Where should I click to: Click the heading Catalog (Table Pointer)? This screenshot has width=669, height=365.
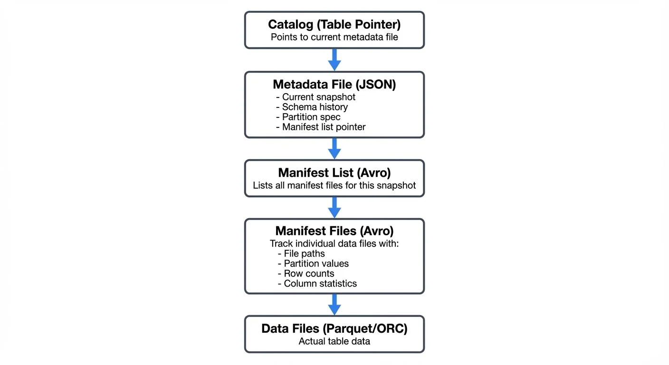coord(334,24)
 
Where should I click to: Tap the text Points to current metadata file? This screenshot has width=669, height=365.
coord(334,37)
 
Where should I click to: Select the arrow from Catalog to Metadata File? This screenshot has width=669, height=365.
coord(334,59)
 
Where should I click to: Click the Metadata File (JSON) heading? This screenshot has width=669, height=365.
coord(334,85)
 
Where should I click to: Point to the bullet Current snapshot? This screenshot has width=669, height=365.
coord(316,97)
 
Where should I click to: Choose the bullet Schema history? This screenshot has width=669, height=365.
coord(312,107)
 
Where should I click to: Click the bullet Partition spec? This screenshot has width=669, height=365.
coord(308,117)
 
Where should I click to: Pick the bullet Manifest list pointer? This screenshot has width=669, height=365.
coord(321,127)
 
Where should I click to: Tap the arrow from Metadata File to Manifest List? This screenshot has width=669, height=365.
coord(334,148)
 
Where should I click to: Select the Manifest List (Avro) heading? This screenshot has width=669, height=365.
coord(334,173)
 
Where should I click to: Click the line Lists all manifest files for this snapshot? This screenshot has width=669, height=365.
coord(334,185)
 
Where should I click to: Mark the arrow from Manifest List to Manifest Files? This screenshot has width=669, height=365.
coord(334,207)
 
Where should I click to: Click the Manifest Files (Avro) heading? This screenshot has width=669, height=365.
coord(334,231)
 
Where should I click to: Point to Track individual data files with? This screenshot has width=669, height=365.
coord(334,243)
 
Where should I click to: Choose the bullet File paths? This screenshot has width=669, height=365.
coord(301,254)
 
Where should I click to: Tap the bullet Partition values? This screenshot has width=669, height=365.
coord(313,264)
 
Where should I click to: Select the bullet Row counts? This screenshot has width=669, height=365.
coord(306,274)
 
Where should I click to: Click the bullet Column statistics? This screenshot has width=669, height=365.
coord(317,284)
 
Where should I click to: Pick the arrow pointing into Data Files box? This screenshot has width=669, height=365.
coord(334,304)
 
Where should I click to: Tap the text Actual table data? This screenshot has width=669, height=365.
coord(334,341)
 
